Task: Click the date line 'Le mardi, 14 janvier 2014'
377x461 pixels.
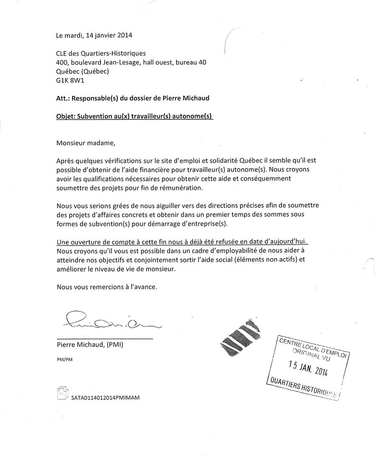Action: tap(94, 35)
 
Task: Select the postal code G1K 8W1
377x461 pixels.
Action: tap(70, 80)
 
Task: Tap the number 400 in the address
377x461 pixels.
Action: tap(62, 62)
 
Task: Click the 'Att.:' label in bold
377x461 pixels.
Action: tap(63, 98)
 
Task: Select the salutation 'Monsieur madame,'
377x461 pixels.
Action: tap(85, 142)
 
